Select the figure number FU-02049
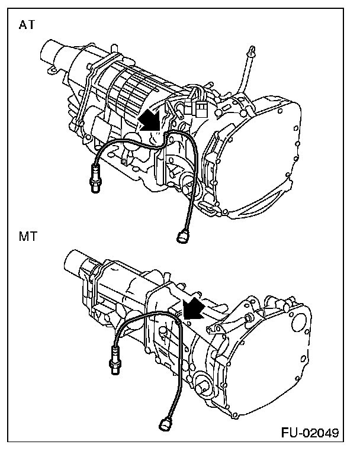310,433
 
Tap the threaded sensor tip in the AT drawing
94,179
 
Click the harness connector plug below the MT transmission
165,424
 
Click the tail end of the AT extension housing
50,56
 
